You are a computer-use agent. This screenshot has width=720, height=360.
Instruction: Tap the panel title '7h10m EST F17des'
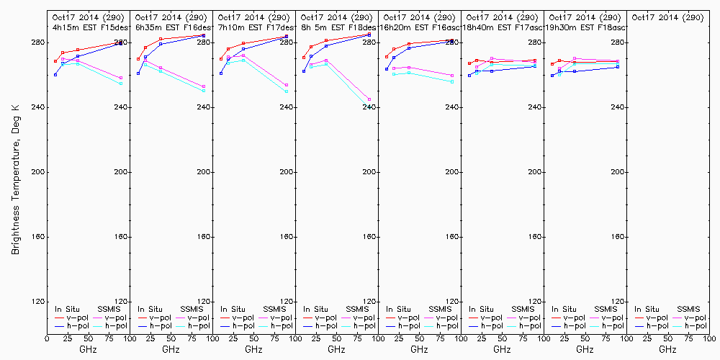point(254,27)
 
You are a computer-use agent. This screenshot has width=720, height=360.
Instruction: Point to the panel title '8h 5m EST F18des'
point(337,27)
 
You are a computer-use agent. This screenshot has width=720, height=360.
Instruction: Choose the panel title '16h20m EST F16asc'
point(420,27)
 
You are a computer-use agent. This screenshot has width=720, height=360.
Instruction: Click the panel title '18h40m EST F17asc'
point(503,27)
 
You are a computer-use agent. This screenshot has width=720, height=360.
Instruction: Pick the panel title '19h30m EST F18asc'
point(585,27)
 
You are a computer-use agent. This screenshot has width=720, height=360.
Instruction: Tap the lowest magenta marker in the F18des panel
point(369,99)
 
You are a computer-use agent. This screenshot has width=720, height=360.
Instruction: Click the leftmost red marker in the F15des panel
point(55,60)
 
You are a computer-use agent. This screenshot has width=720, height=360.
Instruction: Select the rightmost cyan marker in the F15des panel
point(121,84)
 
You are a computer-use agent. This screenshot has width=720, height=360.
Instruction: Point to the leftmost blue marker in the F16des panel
point(138,73)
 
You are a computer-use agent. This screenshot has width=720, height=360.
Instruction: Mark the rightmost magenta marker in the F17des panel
point(287,85)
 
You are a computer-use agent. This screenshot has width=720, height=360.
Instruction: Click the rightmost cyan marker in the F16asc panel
point(452,82)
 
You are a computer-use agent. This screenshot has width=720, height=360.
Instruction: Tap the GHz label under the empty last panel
point(667,349)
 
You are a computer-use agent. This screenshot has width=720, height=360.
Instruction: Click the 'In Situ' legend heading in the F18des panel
point(315,309)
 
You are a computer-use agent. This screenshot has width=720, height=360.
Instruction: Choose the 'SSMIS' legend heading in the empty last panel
point(688,309)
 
